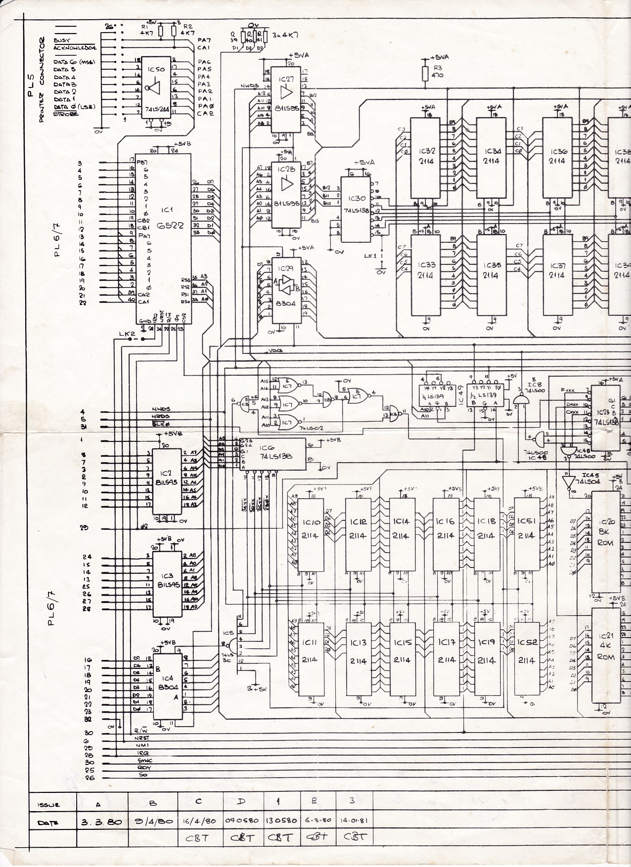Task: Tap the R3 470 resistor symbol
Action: pos(424,73)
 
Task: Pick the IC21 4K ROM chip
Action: pos(606,652)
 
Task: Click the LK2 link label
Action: pos(127,334)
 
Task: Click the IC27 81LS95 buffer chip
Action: pos(286,99)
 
